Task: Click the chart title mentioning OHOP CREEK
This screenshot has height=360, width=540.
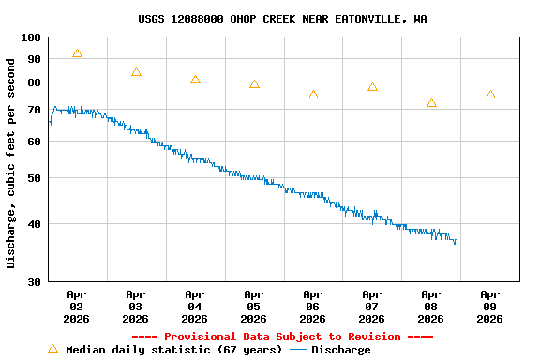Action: pos(282,18)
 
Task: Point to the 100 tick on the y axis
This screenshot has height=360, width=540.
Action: pos(31,37)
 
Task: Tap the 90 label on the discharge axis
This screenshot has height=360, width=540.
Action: pos(34,59)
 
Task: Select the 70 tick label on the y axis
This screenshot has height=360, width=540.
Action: pos(34,110)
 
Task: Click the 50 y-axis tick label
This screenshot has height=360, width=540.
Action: pos(34,178)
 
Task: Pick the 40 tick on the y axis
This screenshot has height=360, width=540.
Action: pos(34,224)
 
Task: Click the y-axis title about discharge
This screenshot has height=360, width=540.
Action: pos(11,163)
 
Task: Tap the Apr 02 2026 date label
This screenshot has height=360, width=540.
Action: pos(77,306)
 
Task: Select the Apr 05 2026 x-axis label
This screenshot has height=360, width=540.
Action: pos(254,306)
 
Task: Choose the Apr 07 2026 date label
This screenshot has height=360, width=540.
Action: pos(372,306)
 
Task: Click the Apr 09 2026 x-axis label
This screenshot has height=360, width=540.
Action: pos(490,306)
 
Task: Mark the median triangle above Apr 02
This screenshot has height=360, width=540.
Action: pos(77,54)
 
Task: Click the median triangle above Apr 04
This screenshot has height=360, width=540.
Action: pos(195,80)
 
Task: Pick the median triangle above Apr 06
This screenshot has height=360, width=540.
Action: pos(313,95)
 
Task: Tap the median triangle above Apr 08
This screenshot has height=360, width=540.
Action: pos(431,103)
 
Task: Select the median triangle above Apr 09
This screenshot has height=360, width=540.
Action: pos(490,95)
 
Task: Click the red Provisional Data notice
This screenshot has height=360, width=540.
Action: pos(282,337)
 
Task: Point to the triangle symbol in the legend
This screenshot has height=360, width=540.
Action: pos(53,349)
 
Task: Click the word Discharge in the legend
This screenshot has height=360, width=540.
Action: pos(340,350)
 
